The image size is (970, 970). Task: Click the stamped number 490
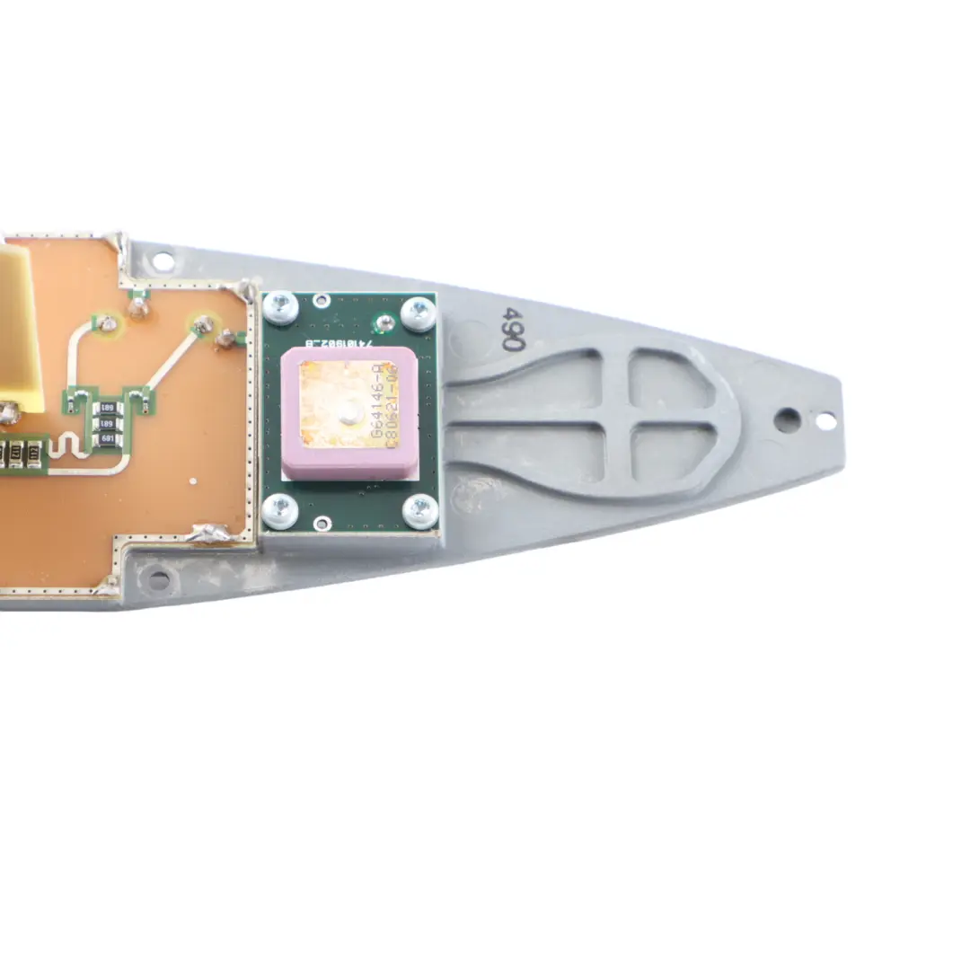click(513, 328)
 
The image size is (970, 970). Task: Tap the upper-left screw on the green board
click(280, 308)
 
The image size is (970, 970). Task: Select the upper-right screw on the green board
click(419, 313)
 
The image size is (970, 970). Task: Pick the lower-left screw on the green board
click(279, 511)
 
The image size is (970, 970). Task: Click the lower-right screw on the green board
click(420, 512)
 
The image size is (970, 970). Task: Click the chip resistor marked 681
click(108, 439)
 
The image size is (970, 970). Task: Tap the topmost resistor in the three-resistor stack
click(108, 409)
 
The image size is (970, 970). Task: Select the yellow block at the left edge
click(18, 328)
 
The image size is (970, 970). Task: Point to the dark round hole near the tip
click(788, 419)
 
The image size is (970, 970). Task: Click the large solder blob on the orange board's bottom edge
click(210, 533)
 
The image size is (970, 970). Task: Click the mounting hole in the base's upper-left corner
click(163, 261)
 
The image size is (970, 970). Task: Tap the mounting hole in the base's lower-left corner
click(159, 579)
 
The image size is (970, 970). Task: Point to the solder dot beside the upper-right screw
click(385, 321)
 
